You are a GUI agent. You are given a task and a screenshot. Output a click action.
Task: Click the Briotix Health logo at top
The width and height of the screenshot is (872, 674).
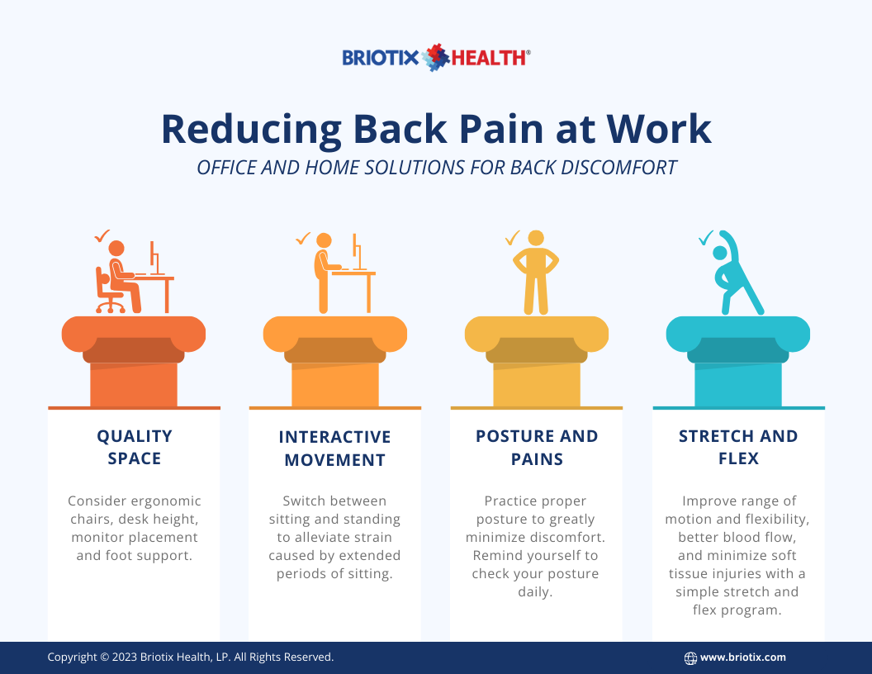(436, 58)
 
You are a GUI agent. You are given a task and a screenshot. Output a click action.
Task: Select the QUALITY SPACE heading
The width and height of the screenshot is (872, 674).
(134, 447)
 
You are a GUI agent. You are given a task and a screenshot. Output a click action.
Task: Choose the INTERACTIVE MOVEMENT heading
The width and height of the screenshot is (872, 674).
(334, 448)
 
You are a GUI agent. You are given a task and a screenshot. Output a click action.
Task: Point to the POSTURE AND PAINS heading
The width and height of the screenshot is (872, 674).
(537, 447)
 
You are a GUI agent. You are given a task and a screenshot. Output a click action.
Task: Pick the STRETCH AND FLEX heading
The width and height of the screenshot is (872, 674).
(738, 447)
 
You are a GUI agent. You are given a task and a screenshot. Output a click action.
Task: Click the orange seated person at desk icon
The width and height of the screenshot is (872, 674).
(132, 277)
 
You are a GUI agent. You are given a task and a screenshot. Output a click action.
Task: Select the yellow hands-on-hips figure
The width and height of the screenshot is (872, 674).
(537, 273)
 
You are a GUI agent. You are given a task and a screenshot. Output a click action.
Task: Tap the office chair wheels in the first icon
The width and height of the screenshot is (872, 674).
(111, 307)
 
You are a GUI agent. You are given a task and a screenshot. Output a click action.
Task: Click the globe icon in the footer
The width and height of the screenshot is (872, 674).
(690, 658)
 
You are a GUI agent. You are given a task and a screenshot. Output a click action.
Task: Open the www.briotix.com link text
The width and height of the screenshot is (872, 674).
(743, 657)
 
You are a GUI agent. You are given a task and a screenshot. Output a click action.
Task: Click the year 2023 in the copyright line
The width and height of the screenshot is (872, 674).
(126, 657)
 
